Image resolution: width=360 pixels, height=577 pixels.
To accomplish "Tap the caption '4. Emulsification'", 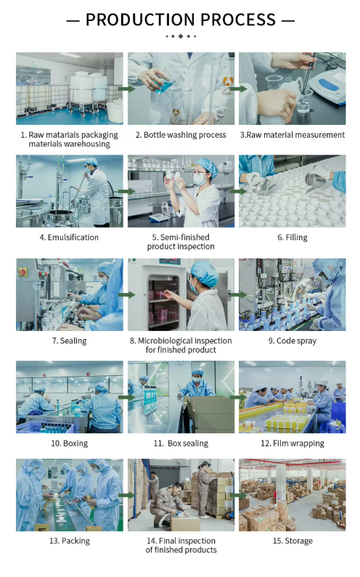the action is point(69,237).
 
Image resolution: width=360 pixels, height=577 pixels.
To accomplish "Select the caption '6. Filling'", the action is point(292,237).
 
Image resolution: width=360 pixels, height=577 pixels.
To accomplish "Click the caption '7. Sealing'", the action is point(69,340).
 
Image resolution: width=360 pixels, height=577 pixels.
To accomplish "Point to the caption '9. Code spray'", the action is point(292,340).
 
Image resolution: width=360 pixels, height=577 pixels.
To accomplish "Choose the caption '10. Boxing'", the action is point(69,443).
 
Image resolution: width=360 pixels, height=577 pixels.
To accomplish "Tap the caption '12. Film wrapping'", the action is point(292,443).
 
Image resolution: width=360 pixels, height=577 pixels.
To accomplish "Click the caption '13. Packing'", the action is point(70,541).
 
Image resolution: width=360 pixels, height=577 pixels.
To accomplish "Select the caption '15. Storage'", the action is point(292,541).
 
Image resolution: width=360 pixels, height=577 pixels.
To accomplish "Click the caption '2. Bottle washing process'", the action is point(181,135).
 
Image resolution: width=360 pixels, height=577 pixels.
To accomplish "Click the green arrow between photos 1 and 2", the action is point(126,89).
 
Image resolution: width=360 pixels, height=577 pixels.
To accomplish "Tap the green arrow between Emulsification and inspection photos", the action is point(126,192).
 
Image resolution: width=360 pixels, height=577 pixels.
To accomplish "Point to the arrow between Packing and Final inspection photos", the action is point(126,495).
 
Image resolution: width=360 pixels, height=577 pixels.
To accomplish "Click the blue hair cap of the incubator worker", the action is point(204,273).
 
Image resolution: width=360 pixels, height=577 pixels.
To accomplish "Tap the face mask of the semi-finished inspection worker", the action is point(200,179).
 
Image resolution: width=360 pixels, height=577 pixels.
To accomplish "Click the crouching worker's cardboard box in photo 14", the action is point(185,523).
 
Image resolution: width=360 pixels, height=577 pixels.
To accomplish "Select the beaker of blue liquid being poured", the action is point(165,83).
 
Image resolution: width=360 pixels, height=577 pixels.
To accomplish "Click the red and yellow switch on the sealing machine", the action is point(22,272).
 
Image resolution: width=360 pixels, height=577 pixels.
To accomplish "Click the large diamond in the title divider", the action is point(181,36).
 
